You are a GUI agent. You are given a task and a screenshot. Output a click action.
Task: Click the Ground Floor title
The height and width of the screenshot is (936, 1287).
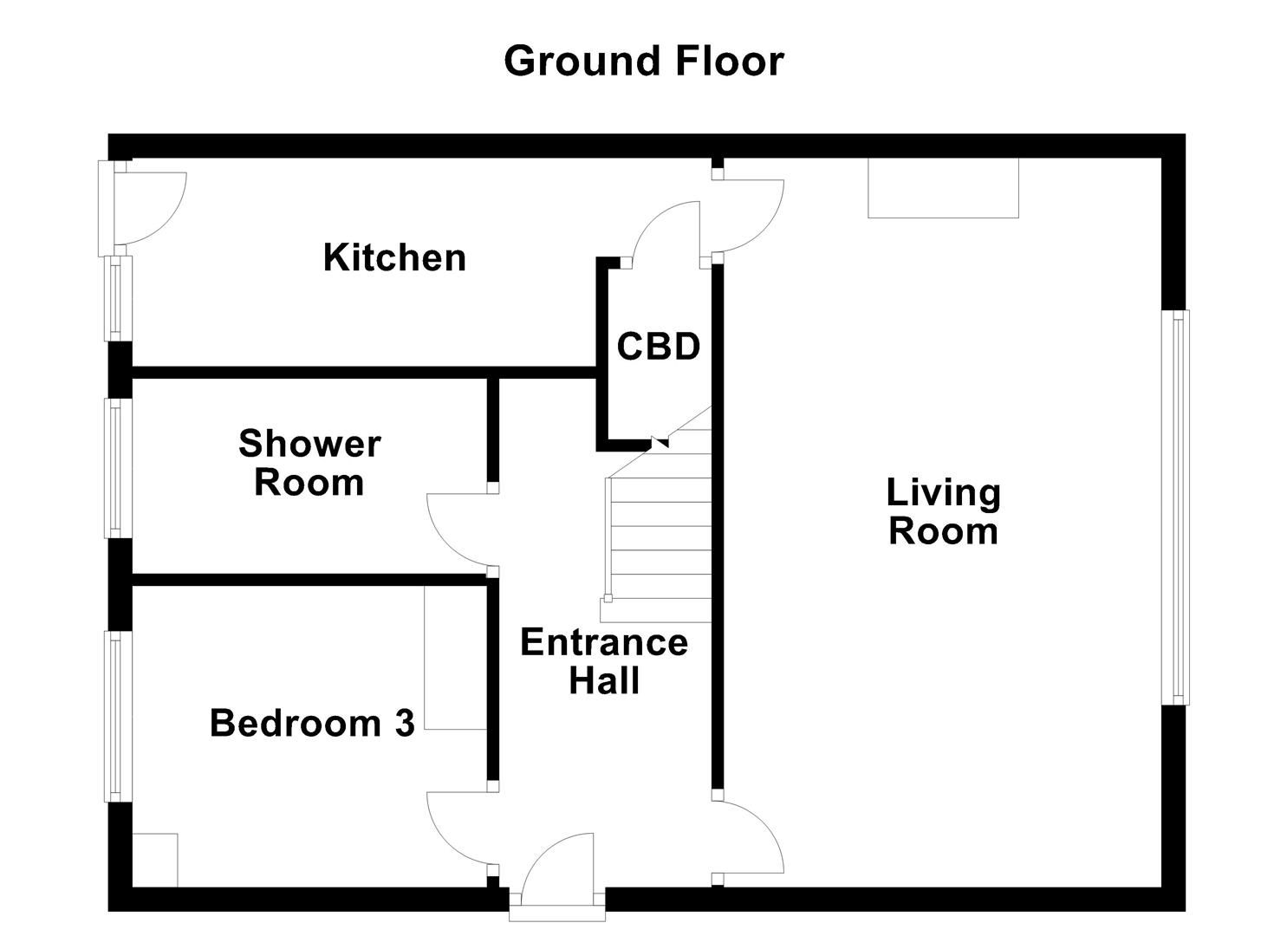(643, 61)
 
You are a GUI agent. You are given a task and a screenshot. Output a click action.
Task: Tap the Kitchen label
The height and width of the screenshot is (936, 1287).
(394, 257)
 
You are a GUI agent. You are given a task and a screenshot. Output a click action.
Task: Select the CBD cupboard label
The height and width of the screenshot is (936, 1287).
(659, 347)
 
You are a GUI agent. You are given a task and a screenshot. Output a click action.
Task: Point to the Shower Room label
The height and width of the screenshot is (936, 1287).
(309, 463)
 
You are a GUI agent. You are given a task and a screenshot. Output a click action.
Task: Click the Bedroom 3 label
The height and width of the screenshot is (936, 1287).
(312, 723)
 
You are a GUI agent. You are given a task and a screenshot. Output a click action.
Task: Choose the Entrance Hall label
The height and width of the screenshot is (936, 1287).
(604, 661)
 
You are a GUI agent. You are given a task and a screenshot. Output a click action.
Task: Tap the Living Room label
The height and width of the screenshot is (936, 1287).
(944, 511)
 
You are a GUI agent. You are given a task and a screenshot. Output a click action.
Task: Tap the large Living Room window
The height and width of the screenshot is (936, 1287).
(1175, 508)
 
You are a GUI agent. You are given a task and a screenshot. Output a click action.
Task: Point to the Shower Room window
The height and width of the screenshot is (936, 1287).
(118, 468)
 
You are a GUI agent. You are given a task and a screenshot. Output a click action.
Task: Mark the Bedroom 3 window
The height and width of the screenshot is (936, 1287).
(118, 717)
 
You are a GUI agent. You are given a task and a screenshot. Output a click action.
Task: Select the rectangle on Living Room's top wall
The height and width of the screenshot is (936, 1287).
(943, 188)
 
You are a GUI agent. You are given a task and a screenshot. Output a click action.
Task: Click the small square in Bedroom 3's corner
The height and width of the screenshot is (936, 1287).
(154, 860)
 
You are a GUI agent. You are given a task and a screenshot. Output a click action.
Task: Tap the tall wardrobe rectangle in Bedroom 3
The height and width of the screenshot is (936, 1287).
(456, 657)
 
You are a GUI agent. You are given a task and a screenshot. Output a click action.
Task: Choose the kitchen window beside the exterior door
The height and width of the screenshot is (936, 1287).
(118, 299)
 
